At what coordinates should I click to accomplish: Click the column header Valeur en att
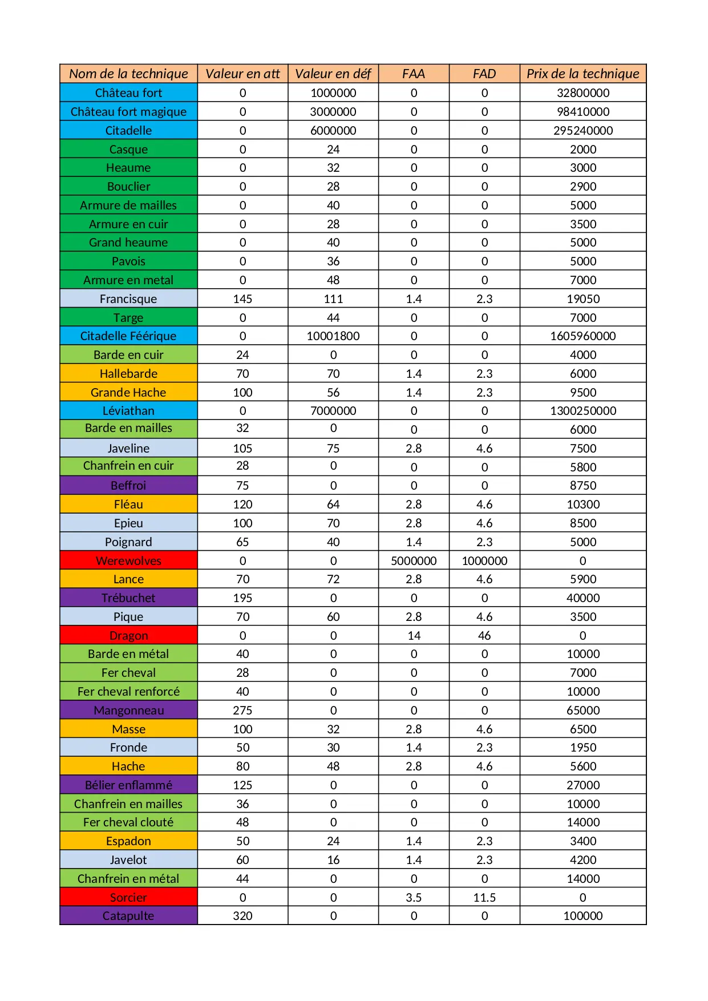click(x=242, y=74)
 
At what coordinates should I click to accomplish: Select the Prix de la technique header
click(x=582, y=74)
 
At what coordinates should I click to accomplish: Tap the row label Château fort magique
click(x=128, y=112)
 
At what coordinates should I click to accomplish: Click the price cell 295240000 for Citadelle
click(x=582, y=131)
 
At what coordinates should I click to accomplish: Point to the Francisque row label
click(x=128, y=299)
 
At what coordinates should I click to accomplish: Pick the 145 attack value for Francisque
click(x=242, y=299)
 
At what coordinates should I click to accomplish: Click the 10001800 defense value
click(x=333, y=336)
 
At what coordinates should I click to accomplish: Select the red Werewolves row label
click(x=128, y=561)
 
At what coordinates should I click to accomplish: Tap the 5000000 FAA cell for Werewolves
click(x=414, y=561)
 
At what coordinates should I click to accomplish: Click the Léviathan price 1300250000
click(x=582, y=411)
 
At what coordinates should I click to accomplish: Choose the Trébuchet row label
click(x=128, y=598)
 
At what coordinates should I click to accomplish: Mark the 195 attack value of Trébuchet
click(x=242, y=598)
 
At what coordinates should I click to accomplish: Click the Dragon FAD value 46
click(x=484, y=636)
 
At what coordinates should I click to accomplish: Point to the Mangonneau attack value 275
click(x=242, y=711)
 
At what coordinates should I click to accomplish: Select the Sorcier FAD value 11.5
click(x=484, y=898)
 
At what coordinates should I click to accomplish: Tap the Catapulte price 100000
click(x=582, y=916)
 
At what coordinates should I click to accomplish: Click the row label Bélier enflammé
click(x=128, y=785)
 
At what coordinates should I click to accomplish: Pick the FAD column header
click(x=484, y=74)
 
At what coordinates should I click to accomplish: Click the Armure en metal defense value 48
click(x=333, y=280)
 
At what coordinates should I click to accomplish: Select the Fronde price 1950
click(x=582, y=748)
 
